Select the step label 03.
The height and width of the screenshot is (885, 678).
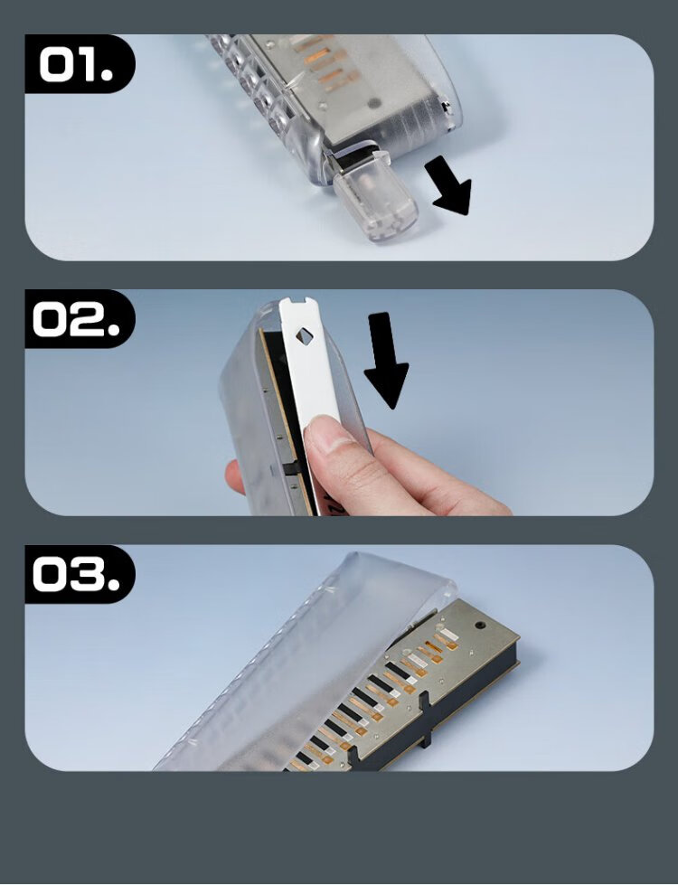click(76, 574)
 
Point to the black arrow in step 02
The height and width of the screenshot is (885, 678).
click(386, 360)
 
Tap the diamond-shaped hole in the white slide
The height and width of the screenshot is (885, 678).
click(305, 337)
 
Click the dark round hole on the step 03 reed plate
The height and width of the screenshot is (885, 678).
click(480, 626)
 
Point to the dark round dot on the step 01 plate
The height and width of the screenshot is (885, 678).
click(373, 103)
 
